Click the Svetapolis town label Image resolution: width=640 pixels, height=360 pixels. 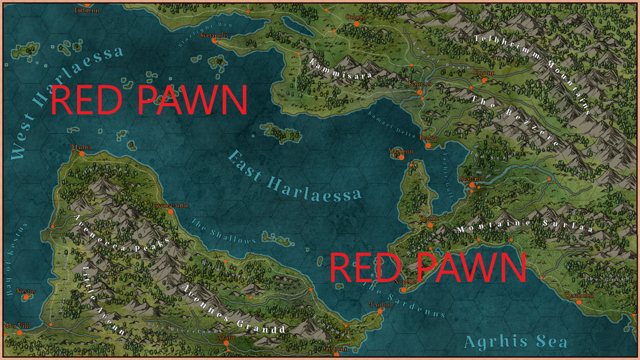214,34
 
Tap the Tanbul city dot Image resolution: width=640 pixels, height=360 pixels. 380,311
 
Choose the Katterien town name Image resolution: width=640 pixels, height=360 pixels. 579,295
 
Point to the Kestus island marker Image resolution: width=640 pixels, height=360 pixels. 26,297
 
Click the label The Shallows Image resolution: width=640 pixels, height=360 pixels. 223,232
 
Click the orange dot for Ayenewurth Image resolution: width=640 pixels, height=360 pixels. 170,212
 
